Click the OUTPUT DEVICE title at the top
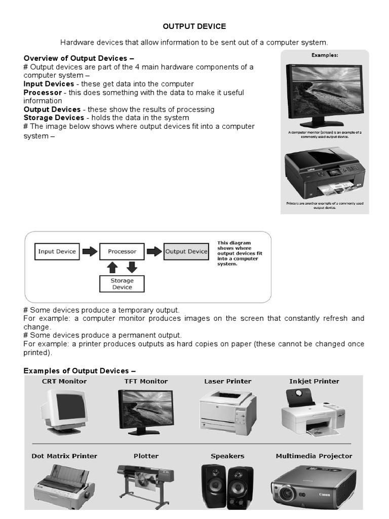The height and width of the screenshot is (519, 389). point(194,26)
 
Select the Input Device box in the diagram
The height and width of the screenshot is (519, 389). point(57,251)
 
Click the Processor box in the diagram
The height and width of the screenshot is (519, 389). point(122,251)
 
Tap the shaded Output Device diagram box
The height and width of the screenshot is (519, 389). point(186,251)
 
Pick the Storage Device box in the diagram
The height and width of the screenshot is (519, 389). point(122,283)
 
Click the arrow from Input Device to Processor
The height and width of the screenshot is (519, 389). point(90,251)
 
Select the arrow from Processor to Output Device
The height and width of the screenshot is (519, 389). point(154,251)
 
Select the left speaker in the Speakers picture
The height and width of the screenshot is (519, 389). point(212,487)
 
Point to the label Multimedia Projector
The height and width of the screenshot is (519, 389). point(314,456)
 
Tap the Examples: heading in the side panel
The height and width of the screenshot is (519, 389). point(325,55)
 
